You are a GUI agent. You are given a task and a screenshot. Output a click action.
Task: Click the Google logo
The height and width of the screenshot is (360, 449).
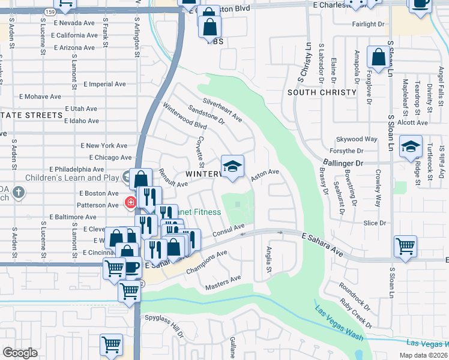click(x=20, y=352)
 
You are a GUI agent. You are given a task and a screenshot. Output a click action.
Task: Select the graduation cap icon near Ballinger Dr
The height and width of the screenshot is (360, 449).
click(x=411, y=147)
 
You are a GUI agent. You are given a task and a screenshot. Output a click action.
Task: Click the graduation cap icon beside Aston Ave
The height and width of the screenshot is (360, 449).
click(x=232, y=165)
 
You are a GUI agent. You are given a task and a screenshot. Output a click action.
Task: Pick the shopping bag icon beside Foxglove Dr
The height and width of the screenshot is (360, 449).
click(x=379, y=58)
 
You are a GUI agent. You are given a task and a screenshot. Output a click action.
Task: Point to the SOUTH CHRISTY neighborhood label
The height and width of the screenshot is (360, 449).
click(x=322, y=92)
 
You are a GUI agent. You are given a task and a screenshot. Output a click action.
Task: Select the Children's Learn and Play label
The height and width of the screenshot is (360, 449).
click(x=72, y=178)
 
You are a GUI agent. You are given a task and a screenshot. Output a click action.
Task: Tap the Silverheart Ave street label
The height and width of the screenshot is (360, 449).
click(x=222, y=110)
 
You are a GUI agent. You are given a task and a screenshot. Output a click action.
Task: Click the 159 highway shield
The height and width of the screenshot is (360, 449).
click(x=50, y=11)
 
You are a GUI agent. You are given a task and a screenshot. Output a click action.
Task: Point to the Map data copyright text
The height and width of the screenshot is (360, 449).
click(x=423, y=355)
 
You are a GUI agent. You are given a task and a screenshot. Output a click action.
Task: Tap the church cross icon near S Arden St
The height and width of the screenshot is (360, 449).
click(x=19, y=193)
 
